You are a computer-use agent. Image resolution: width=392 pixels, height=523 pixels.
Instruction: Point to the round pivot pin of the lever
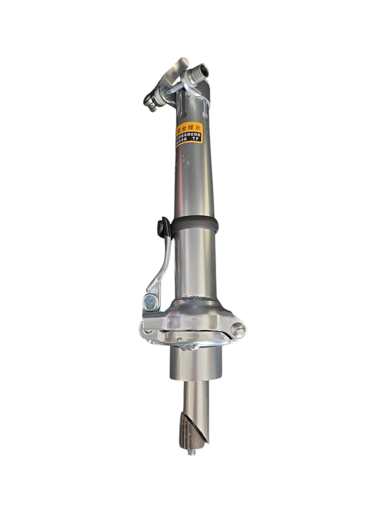pyautogui.click(x=149, y=300)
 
